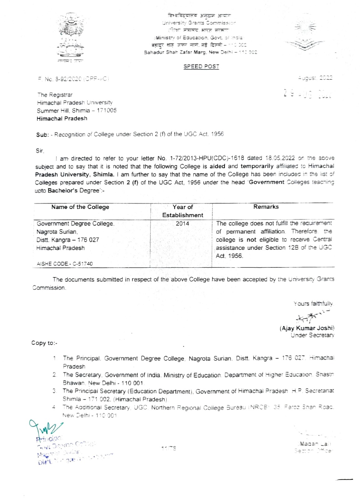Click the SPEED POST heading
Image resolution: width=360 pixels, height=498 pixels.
click(201, 66)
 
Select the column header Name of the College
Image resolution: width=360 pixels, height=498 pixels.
click(80, 207)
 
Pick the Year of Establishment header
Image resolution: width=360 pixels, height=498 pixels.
click(182, 211)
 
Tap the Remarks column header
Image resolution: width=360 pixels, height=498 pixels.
click(266, 207)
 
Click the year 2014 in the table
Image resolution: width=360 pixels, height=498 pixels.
click(182, 223)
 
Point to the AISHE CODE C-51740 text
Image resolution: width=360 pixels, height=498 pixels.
click(65, 264)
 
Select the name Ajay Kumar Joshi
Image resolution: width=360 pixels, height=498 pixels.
click(307, 328)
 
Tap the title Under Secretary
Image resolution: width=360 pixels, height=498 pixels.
click(312, 335)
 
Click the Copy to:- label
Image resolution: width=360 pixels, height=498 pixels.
click(44, 343)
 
